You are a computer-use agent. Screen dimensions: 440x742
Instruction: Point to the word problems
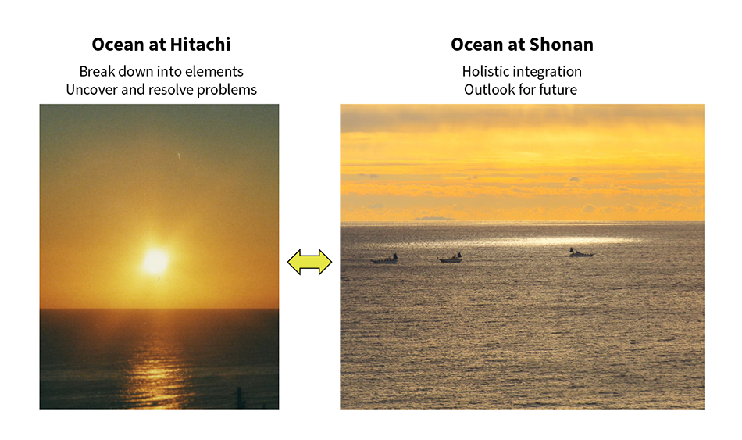pyautogui.click(x=227, y=89)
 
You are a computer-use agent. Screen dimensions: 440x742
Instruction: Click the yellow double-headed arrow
pyautogui.click(x=309, y=262)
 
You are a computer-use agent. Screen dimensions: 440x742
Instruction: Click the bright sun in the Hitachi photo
pyautogui.click(x=155, y=261)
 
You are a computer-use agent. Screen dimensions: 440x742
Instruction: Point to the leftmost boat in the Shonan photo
pyautogui.click(x=385, y=259)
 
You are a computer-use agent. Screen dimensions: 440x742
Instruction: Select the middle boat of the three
pyautogui.click(x=450, y=257)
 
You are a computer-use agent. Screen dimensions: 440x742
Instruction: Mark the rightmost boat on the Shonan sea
pyautogui.click(x=580, y=252)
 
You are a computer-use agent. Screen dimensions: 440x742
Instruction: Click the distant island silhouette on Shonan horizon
pyautogui.click(x=433, y=219)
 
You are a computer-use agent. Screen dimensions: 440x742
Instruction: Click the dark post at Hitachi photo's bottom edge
pyautogui.click(x=240, y=398)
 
